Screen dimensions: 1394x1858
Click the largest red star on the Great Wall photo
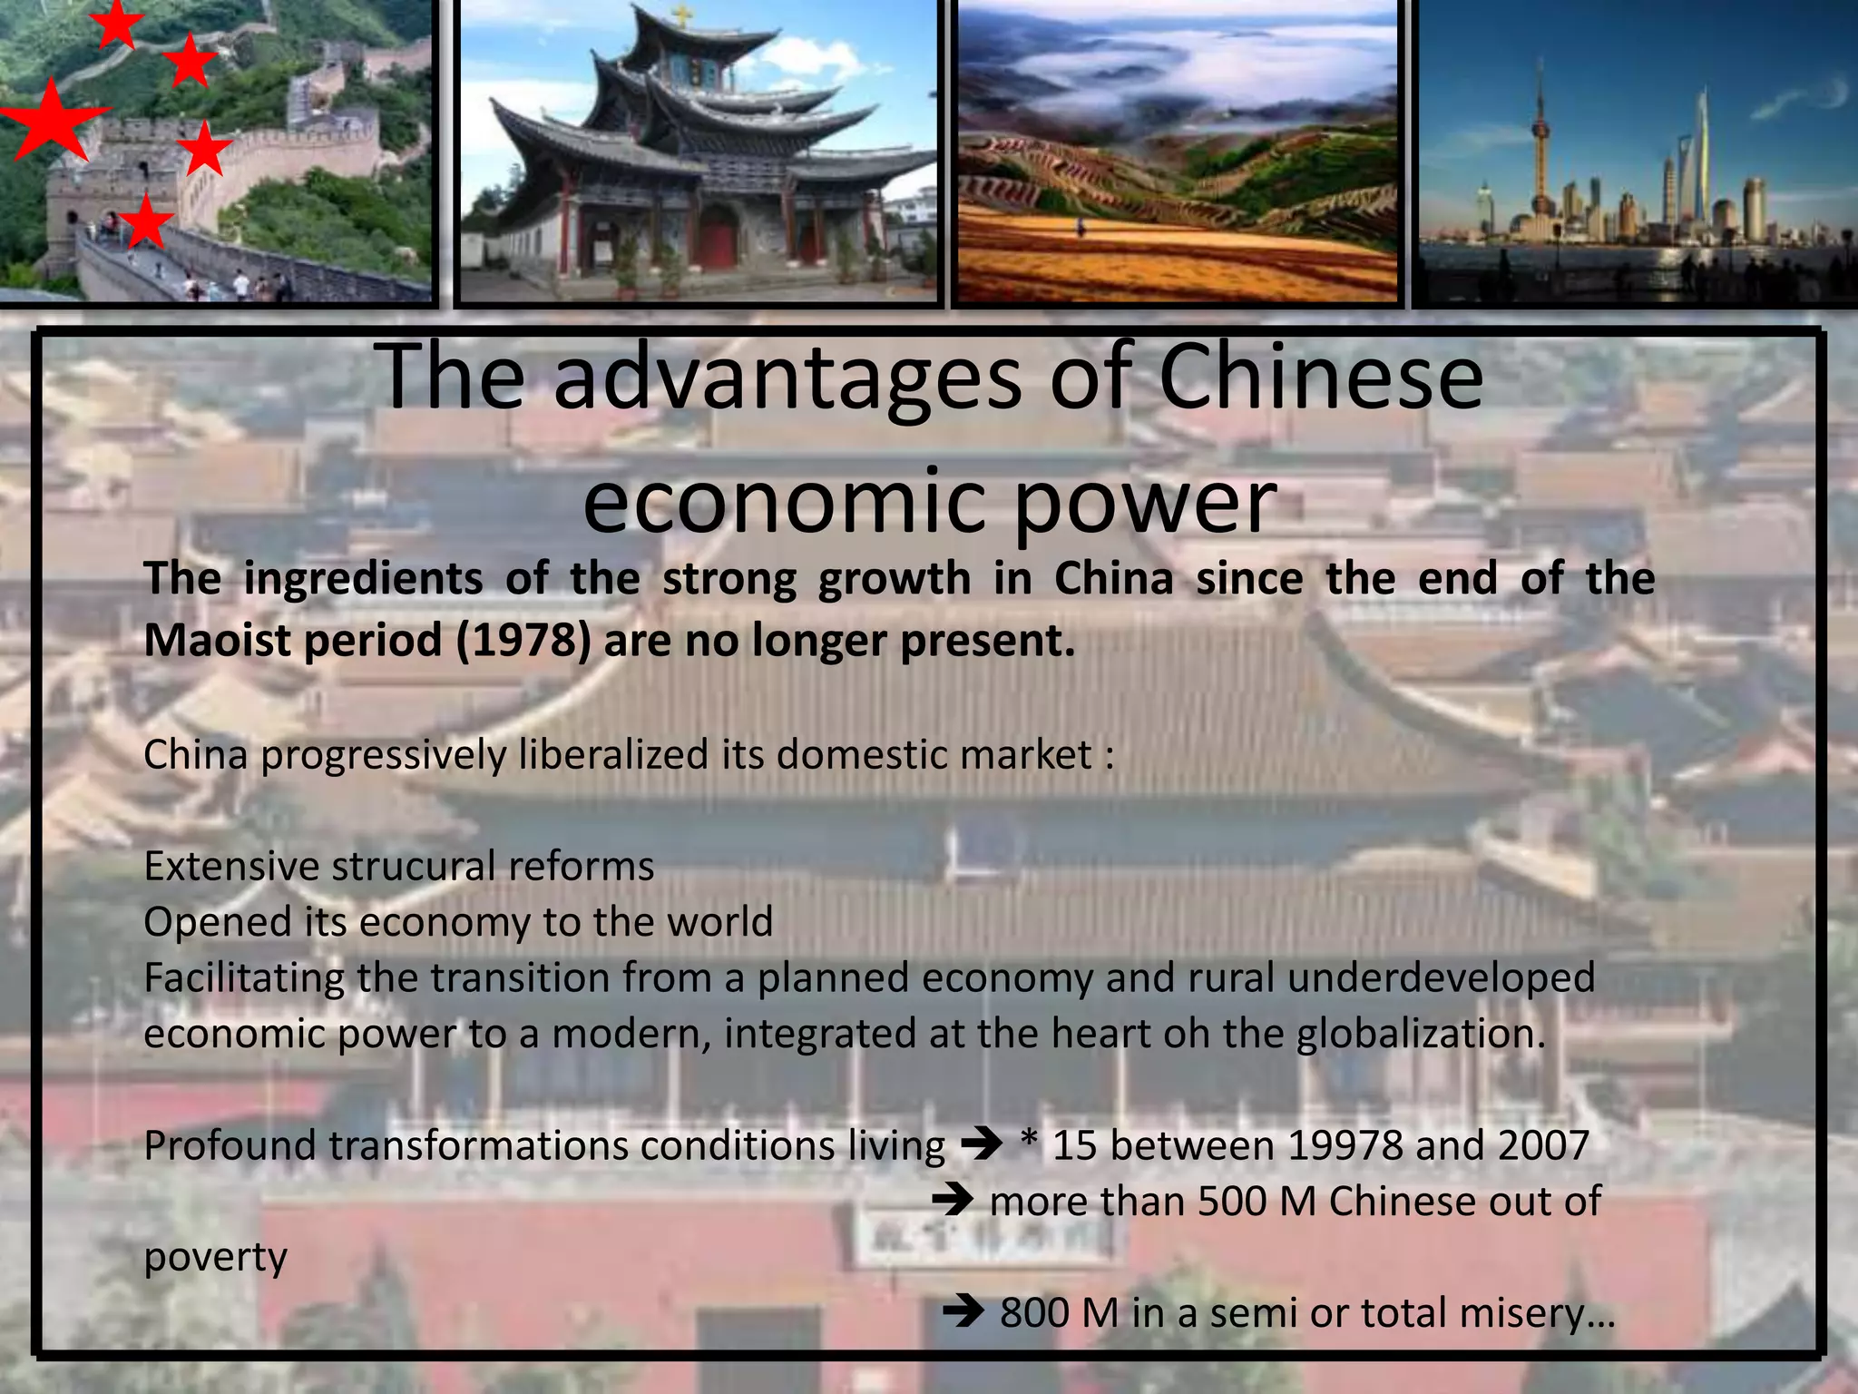coord(52,119)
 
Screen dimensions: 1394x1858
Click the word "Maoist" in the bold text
coord(216,641)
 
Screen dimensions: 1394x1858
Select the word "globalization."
coord(1421,1034)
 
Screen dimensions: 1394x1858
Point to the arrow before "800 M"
coord(963,1312)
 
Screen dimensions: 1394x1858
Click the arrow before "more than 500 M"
coord(953,1202)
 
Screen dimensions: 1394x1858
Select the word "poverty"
coord(215,1258)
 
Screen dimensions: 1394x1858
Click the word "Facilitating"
coord(244,978)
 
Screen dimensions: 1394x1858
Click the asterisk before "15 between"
coord(1029,1143)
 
